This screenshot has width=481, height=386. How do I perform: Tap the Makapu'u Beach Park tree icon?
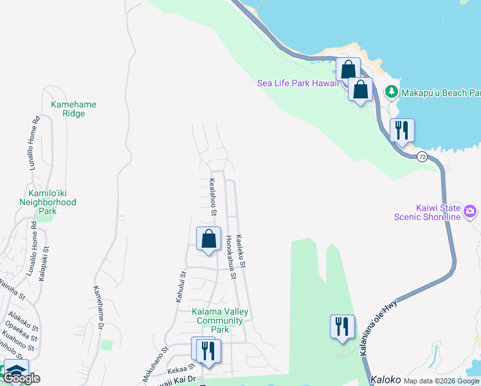point(391,93)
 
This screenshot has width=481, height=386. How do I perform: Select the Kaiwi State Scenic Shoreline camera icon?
point(470,211)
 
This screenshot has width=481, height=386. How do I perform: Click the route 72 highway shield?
point(422,156)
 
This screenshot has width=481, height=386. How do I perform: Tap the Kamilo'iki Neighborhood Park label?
point(52,202)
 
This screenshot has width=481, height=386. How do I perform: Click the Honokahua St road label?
point(231,257)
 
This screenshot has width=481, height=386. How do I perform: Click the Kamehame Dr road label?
point(98,308)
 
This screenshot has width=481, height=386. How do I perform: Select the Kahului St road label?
point(181,287)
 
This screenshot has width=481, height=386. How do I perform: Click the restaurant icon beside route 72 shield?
point(402,131)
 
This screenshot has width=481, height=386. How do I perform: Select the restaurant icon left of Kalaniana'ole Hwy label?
point(341,327)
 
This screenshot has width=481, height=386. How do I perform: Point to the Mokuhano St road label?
point(157,363)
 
